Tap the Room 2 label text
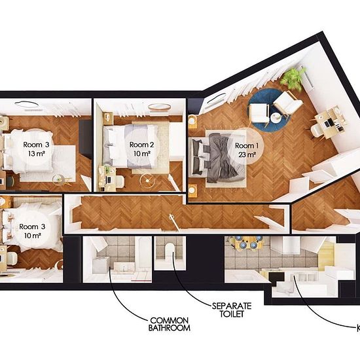click(x=141, y=145)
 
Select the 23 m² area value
click(x=247, y=154)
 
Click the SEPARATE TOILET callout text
click(x=232, y=310)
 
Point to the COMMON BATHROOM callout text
click(x=170, y=324)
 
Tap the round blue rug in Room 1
click(x=268, y=110)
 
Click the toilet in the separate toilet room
click(x=170, y=251)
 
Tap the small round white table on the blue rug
click(x=276, y=118)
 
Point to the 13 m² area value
click(x=36, y=154)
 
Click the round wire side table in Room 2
click(x=147, y=181)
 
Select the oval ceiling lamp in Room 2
click(x=159, y=107)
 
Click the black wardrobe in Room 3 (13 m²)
click(x=85, y=138)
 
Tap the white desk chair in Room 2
click(x=119, y=181)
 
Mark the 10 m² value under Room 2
click(x=142, y=153)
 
